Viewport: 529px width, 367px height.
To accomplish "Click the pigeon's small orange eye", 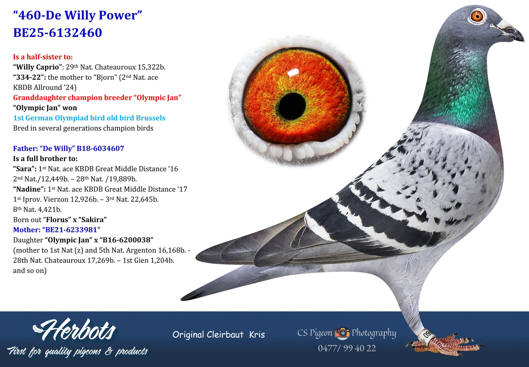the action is [477, 16].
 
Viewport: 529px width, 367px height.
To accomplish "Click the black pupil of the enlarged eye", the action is [292, 105].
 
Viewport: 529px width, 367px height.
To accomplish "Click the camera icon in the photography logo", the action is [342, 333].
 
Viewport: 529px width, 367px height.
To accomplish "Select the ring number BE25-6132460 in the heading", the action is [58, 33].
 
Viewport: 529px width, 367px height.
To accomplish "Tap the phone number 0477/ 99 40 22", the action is [347, 348].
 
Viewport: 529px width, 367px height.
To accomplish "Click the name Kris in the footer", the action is [257, 334].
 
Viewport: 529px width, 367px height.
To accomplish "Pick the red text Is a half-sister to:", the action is [43, 57].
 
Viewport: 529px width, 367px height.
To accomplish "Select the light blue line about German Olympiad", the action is [89, 118].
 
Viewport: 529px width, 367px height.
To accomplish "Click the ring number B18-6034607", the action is [100, 148].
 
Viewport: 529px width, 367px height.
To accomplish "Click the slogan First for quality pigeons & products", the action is [77, 351].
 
